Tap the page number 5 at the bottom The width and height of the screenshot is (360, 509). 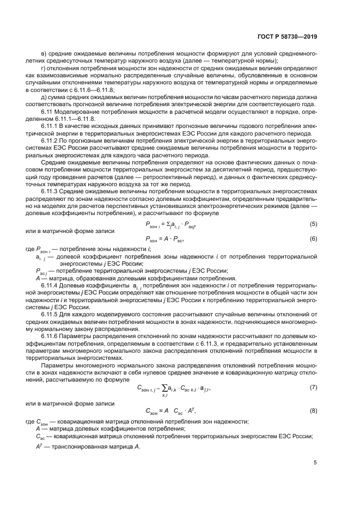(x=315, y=463)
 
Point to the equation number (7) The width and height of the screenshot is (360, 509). (x=313, y=387)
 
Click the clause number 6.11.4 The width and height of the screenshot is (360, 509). (x=51, y=285)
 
